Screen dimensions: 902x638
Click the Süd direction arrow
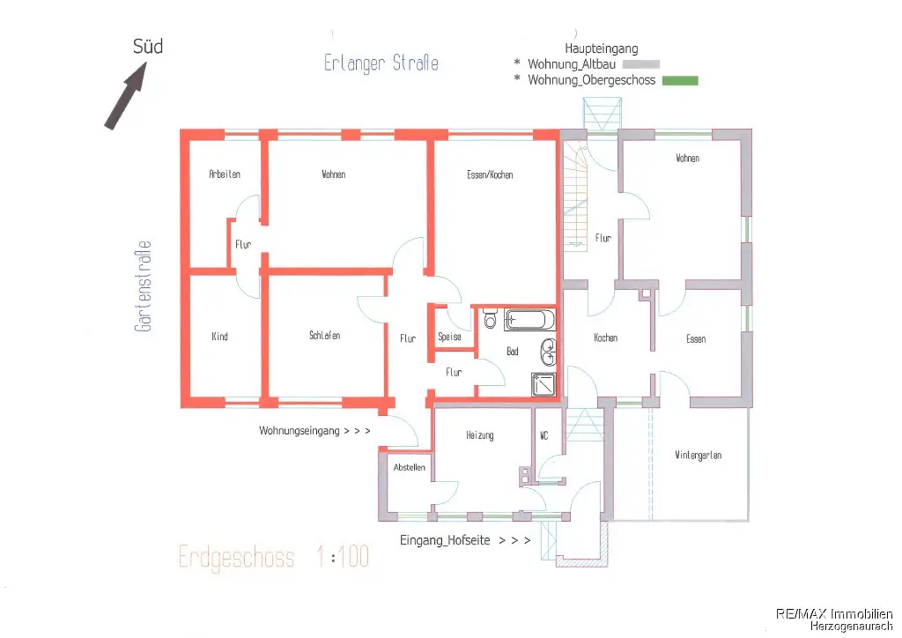click(125, 95)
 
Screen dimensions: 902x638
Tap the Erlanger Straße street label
click(381, 63)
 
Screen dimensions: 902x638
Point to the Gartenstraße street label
click(143, 286)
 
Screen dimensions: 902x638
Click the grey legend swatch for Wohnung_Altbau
click(641, 64)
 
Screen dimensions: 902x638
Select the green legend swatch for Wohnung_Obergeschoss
click(680, 80)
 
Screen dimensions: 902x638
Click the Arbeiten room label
click(225, 174)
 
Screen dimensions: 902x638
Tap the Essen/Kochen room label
click(490, 174)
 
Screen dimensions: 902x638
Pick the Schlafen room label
click(324, 336)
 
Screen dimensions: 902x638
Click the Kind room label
click(219, 336)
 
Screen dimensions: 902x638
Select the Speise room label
click(449, 337)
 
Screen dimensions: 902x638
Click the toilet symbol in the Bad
click(490, 317)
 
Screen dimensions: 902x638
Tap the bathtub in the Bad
click(529, 320)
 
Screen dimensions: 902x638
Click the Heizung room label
click(480, 435)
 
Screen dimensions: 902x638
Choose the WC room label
click(544, 436)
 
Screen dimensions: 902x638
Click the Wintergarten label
click(698, 455)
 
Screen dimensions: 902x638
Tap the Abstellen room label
click(409, 467)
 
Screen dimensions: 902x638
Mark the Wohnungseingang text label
click(299, 430)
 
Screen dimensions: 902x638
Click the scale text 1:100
click(343, 557)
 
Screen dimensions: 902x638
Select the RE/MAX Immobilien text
click(834, 614)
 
